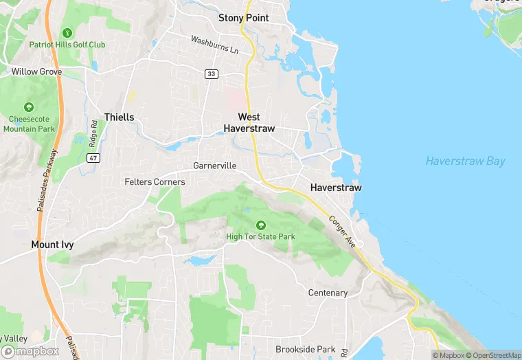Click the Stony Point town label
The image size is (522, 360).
[243, 18]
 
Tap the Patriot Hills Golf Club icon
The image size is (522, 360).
[67, 32]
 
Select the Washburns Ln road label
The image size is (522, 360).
[214, 45]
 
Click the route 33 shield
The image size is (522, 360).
[211, 74]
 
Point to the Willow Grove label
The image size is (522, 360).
[36, 71]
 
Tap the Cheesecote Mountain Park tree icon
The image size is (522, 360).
[29, 108]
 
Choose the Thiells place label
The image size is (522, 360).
[119, 117]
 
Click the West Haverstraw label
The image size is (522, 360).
[249, 123]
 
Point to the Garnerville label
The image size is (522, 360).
[215, 166]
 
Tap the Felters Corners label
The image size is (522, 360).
[155, 182]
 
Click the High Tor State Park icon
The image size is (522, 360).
[260, 225]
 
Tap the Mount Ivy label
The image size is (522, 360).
[52, 245]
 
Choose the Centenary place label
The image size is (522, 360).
[328, 293]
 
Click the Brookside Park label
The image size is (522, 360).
[306, 350]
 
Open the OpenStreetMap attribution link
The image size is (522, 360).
[492, 355]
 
